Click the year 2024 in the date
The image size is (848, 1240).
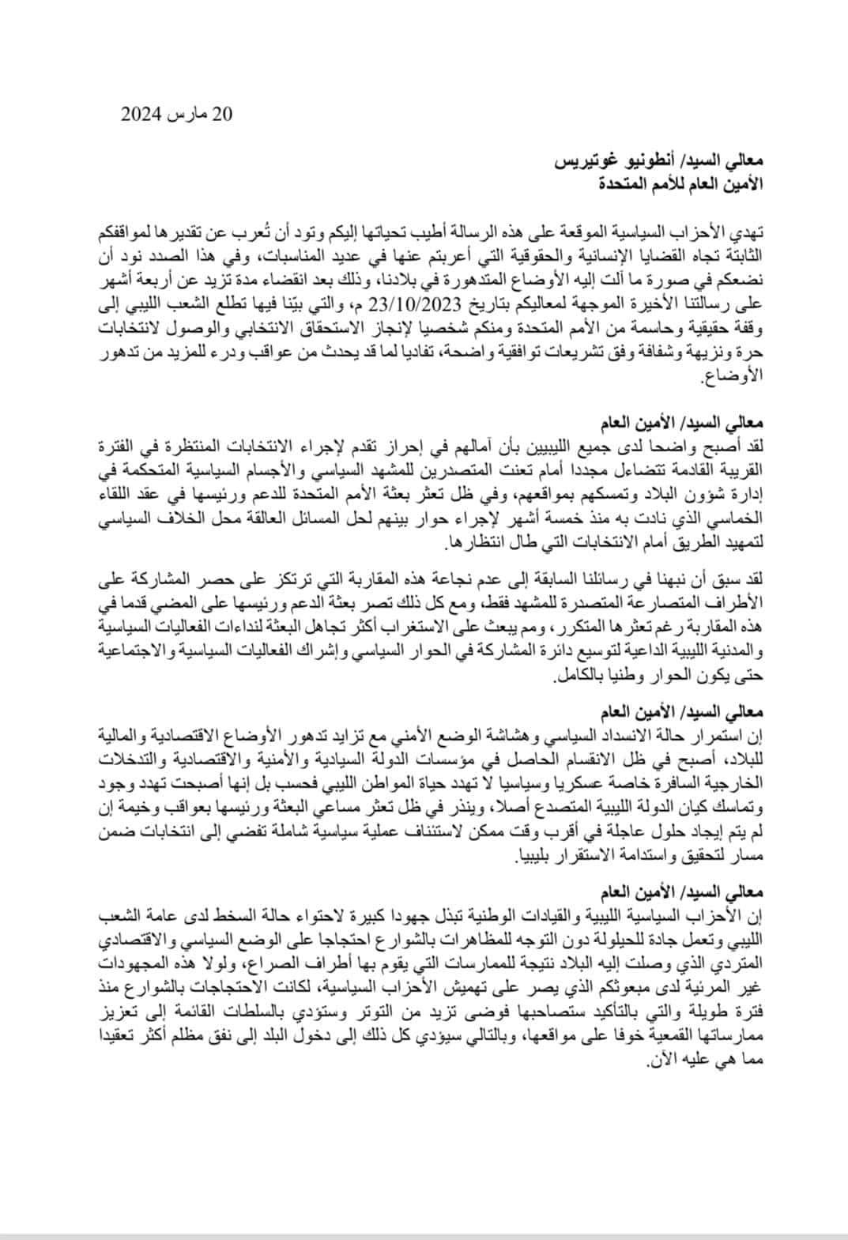(141, 115)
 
